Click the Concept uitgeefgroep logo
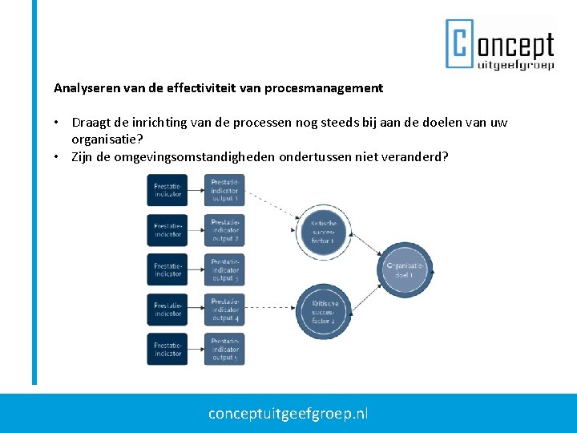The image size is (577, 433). [x=499, y=43]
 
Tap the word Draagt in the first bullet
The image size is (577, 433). [x=91, y=123]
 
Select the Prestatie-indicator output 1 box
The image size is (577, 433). [x=224, y=191]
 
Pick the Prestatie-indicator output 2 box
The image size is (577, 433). [x=224, y=230]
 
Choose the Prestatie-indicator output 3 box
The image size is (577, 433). [x=224, y=270]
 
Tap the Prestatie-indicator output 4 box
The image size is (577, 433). [x=224, y=310]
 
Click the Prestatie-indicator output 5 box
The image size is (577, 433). [x=224, y=350]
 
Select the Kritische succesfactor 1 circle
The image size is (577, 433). [x=324, y=231]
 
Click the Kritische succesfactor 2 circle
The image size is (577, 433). [x=324, y=311]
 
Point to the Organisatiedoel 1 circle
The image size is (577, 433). [x=405, y=269]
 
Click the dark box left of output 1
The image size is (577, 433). [x=167, y=191]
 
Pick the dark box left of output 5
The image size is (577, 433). [x=167, y=350]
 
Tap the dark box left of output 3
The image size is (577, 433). [x=167, y=270]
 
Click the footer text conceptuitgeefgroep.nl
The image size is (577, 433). [x=288, y=414]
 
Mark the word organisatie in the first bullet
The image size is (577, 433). [x=102, y=139]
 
